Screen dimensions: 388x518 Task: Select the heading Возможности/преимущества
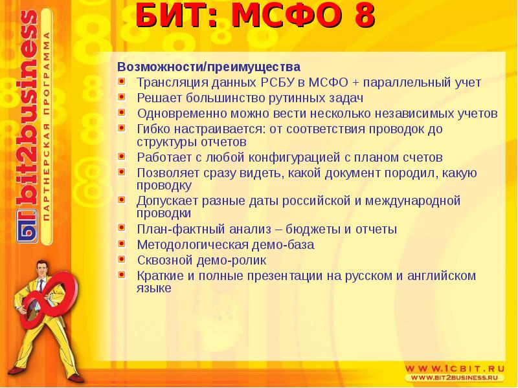pos(208,67)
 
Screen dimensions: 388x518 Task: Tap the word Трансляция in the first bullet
pos(167,83)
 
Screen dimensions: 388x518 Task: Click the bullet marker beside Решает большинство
pos(122,98)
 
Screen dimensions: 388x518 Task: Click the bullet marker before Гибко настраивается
pos(122,128)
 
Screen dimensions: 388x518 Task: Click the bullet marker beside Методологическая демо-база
pos(122,244)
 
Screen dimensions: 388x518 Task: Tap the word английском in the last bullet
pos(442,275)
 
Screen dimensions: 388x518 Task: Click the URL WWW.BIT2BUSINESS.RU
pos(457,377)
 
